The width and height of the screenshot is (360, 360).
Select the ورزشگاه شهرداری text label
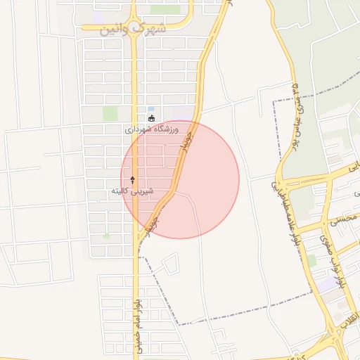coord(152,129)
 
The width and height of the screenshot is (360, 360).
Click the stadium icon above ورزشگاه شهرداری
coord(151,118)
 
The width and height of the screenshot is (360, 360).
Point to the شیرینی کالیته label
coord(131,191)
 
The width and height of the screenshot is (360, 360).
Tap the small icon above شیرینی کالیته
coord(131,180)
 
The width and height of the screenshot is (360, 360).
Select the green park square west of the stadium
coord(110,113)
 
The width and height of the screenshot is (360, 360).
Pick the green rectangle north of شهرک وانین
coord(165,9)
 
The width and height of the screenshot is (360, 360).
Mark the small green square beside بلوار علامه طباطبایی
coord(311,260)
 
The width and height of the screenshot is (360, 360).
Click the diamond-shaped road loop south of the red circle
coord(170,265)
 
